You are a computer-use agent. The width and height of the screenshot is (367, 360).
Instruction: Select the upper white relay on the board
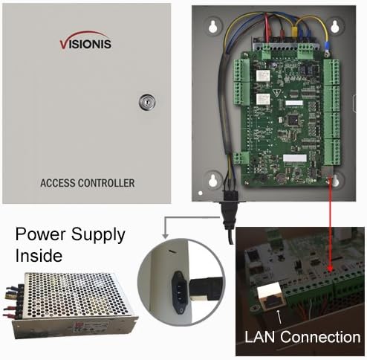point(262,77)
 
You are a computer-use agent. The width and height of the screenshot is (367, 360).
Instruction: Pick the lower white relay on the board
point(262,100)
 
